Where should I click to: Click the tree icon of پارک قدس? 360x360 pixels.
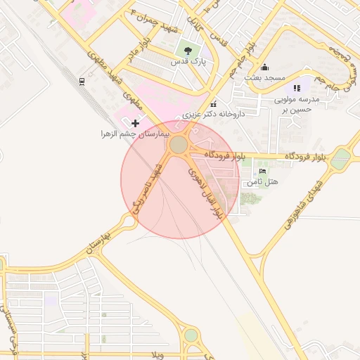[187, 50]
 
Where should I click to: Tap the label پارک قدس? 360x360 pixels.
[188, 62]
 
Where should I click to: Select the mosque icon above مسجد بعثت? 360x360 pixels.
[264, 67]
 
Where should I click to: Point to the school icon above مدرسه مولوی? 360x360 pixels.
[297, 88]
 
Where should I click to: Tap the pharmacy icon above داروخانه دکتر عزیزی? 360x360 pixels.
[213, 103]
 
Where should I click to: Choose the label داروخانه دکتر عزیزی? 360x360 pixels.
[213, 113]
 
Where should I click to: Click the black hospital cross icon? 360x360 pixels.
[136, 123]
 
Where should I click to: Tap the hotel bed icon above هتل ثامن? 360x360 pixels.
[263, 172]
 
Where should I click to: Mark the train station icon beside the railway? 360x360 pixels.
[82, 81]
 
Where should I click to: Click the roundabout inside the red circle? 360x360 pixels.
[179, 145]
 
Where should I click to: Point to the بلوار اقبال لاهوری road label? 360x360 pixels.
[205, 193]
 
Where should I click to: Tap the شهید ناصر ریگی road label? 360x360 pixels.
[148, 186]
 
